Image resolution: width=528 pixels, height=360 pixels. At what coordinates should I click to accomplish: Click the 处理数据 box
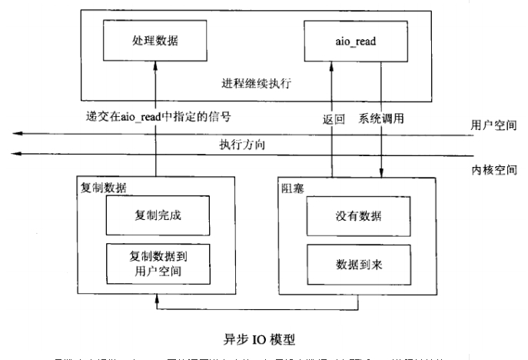point(155,37)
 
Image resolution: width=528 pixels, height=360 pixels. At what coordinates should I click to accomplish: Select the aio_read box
point(355,37)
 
